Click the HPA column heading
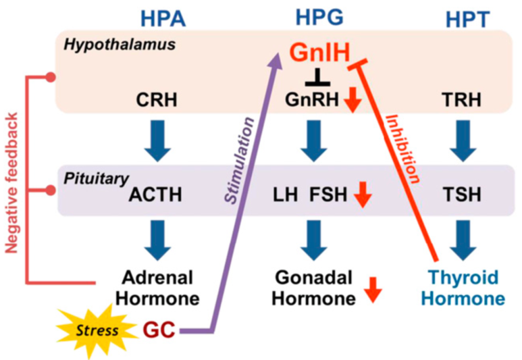[x=163, y=19]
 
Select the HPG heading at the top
[x=319, y=18]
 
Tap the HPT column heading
[x=468, y=20]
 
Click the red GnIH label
[x=320, y=52]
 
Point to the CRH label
[x=157, y=99]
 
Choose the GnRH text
[x=312, y=99]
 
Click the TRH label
[x=461, y=99]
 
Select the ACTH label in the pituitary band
[x=155, y=195]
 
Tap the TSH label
[x=462, y=195]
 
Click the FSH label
[x=328, y=195]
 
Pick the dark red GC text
[x=159, y=330]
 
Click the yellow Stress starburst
[x=97, y=331]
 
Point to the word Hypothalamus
[x=120, y=45]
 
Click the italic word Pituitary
[x=96, y=179]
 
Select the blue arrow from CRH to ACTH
[x=158, y=141]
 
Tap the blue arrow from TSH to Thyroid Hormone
[x=463, y=240]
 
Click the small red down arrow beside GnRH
[x=353, y=101]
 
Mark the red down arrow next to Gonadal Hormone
[x=373, y=290]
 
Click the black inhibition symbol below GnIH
[x=318, y=77]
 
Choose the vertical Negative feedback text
[x=11, y=183]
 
